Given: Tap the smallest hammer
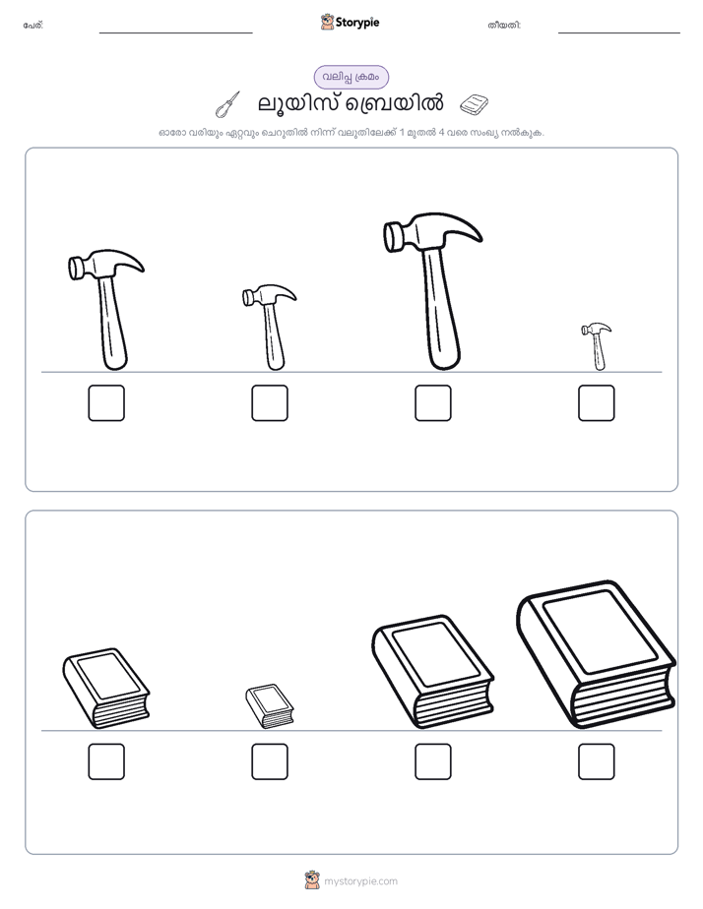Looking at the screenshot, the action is [x=598, y=345].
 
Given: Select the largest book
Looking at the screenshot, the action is [x=596, y=654].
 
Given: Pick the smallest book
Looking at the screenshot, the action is [x=269, y=705].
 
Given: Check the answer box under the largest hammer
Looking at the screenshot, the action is [x=432, y=403].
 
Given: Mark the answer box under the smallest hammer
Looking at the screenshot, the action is [x=597, y=403].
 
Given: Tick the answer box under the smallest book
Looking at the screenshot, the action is [x=270, y=761].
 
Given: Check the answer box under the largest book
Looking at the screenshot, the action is [x=597, y=761].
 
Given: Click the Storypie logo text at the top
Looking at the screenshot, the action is [x=357, y=22].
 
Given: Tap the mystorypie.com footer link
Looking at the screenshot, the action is [x=360, y=881].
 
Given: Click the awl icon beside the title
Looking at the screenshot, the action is [x=227, y=104].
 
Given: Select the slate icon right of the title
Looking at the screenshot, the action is [x=474, y=104].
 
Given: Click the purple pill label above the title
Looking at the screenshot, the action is [x=351, y=77].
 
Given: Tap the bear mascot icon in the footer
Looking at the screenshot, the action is [x=312, y=880].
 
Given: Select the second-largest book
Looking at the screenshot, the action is [x=432, y=672].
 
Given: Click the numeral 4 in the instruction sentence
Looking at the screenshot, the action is [x=441, y=133].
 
